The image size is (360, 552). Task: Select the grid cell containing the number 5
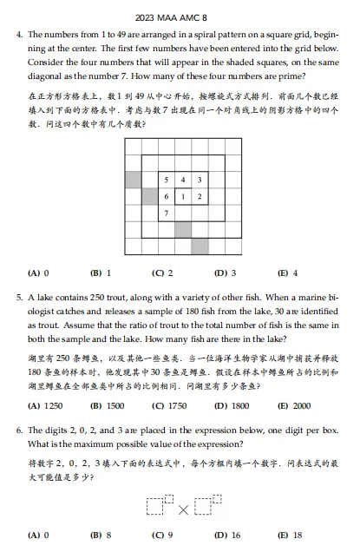(x=167, y=180)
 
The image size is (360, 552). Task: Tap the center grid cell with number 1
(x=183, y=196)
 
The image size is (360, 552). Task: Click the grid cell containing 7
(x=167, y=213)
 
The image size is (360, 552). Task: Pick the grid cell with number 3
(x=200, y=180)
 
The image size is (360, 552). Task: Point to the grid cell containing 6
(x=167, y=196)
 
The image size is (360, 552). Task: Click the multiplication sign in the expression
(x=183, y=509)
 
